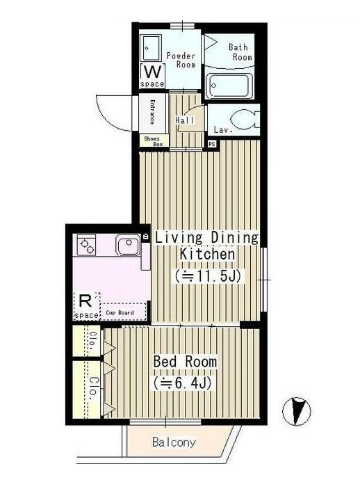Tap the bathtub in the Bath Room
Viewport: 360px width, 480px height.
[230, 86]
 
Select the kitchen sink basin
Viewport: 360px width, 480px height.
[129, 245]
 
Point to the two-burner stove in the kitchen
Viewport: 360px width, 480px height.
[86, 245]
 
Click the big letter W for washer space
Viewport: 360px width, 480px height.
[152, 72]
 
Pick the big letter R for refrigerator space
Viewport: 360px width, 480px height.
[85, 301]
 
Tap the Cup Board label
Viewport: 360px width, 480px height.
[120, 312]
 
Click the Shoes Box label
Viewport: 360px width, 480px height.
[154, 141]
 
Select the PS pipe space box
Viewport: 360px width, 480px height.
[212, 143]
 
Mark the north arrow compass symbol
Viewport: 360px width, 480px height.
[296, 411]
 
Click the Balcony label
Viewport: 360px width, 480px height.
[174, 442]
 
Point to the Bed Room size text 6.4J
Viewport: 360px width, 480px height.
[183, 383]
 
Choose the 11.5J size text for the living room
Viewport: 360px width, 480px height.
[208, 276]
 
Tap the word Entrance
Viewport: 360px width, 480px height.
[152, 112]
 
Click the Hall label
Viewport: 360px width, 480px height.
[184, 120]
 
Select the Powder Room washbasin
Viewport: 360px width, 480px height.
[151, 48]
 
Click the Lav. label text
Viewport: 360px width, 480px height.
[223, 129]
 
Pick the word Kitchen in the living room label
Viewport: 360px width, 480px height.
[207, 254]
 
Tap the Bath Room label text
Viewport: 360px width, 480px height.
[240, 52]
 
